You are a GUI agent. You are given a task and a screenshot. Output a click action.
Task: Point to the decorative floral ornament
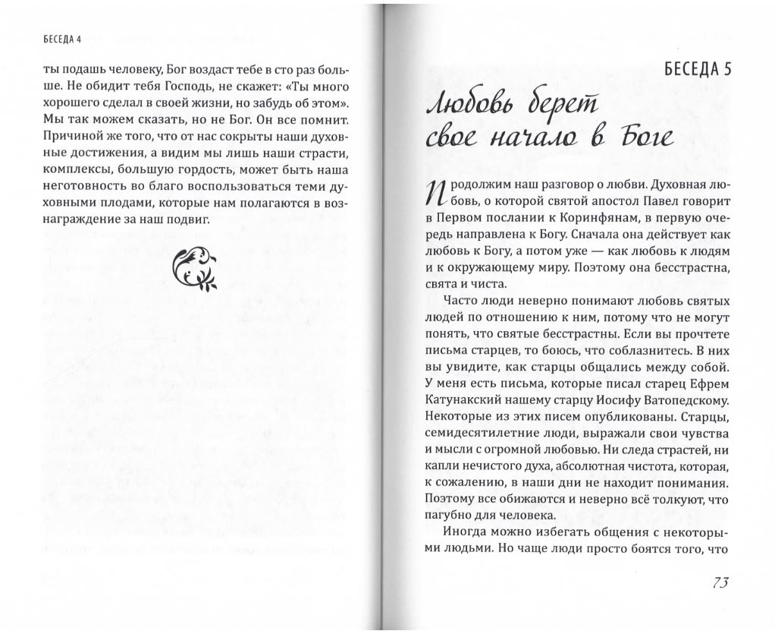click(195, 269)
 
